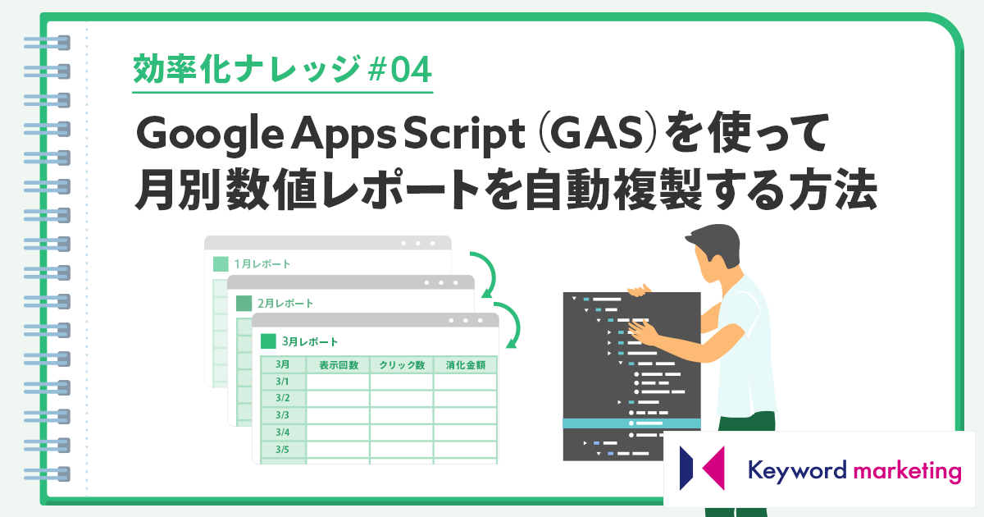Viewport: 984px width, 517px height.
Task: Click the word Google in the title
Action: point(210,134)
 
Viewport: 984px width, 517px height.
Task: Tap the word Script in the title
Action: point(464,134)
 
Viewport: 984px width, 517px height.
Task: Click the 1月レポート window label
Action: point(262,263)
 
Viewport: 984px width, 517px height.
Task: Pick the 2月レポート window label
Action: point(285,304)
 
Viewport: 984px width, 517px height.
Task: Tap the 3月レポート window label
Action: point(310,341)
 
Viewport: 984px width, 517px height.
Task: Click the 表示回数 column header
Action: point(338,365)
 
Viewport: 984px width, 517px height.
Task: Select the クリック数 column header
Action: point(402,365)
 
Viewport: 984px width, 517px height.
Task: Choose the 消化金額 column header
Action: point(466,365)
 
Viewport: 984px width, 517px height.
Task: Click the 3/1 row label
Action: point(282,382)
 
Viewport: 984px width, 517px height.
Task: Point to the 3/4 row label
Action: point(282,432)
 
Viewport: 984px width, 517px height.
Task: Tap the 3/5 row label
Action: point(282,450)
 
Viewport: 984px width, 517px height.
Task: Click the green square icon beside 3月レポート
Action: point(268,341)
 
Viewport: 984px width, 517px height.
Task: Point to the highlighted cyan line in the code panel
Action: point(631,423)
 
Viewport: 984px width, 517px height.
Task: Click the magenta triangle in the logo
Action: point(713,469)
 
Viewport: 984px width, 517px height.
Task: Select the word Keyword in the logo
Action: point(797,471)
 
